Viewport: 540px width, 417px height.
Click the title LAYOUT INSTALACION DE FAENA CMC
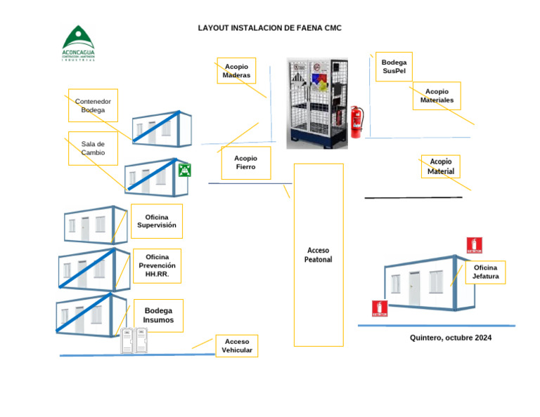(x=269, y=28)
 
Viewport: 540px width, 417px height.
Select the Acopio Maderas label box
(x=236, y=71)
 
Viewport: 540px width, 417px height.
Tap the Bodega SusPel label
(x=394, y=67)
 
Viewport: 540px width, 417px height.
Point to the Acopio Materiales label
(x=437, y=96)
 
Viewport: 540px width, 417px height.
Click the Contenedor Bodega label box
(x=93, y=105)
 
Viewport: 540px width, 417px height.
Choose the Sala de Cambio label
(x=93, y=148)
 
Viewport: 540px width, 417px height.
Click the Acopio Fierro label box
(x=245, y=163)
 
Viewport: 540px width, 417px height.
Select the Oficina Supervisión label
(x=156, y=221)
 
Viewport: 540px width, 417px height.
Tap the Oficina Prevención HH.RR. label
(x=157, y=265)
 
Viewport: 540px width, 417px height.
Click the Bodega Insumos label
(x=158, y=315)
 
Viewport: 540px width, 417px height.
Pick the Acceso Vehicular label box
(x=237, y=346)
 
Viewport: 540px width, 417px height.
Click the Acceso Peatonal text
(x=318, y=255)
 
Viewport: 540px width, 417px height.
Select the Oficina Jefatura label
(x=485, y=272)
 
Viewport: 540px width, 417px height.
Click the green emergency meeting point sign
(x=184, y=170)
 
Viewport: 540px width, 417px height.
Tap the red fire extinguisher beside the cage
(x=356, y=121)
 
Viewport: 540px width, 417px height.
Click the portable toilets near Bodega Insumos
(x=133, y=341)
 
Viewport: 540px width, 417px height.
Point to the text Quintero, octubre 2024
(x=451, y=338)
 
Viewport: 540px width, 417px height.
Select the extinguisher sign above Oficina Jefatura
(x=475, y=245)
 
